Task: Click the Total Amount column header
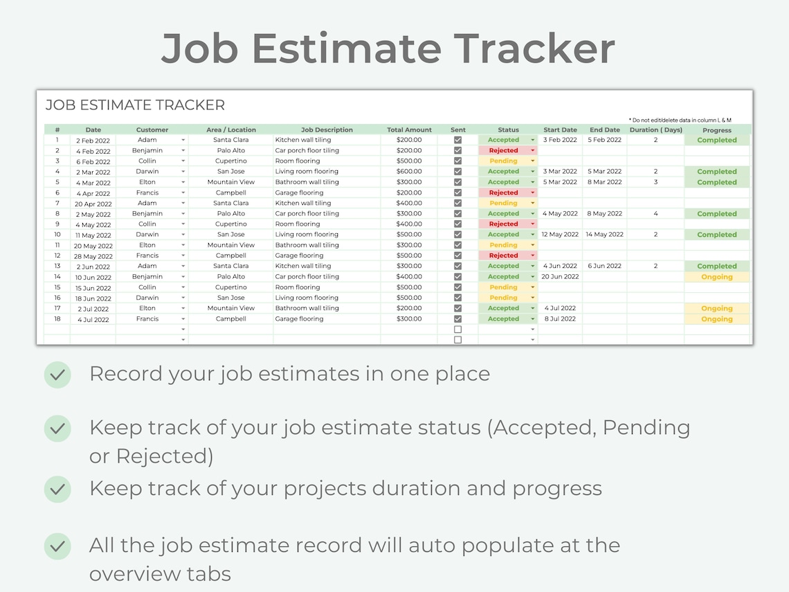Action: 409,129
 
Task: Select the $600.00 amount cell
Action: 409,172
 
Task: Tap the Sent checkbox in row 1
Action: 457,140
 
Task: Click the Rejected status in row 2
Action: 503,150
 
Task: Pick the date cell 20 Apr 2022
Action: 93,204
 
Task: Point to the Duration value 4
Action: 655,214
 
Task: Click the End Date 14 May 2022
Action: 605,235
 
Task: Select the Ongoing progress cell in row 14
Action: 716,277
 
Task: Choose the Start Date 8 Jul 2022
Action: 560,319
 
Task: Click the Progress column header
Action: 716,130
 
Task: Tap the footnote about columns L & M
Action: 680,120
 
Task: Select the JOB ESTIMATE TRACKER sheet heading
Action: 135,105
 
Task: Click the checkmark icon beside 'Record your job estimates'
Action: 57,375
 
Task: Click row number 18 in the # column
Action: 57,319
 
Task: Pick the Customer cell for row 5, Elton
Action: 147,182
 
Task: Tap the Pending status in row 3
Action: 503,161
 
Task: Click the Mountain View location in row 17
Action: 231,308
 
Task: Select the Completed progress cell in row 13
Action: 716,266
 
